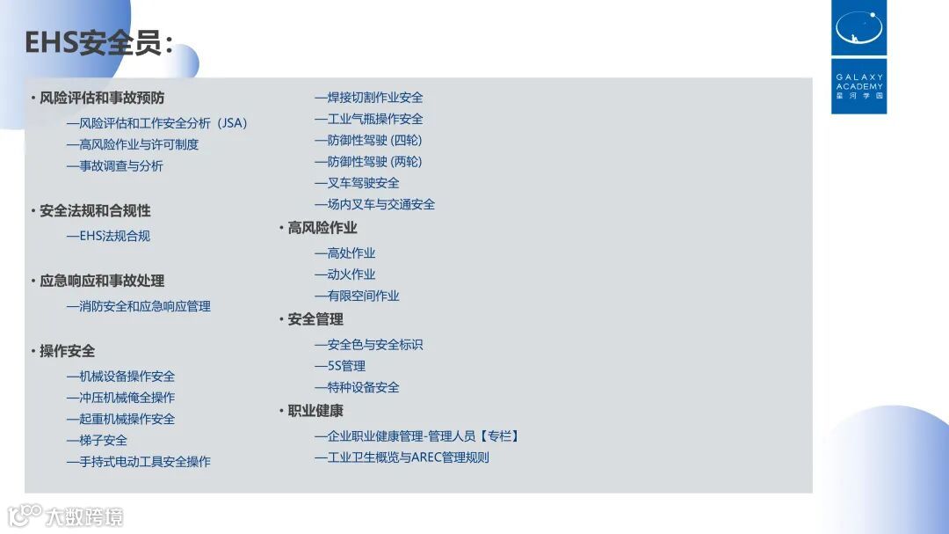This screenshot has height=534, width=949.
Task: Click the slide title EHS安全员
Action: point(98,42)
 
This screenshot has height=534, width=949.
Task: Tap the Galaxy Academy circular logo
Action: point(858,28)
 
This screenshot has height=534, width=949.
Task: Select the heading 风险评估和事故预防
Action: point(102,98)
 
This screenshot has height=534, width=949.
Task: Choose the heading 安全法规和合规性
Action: point(95,211)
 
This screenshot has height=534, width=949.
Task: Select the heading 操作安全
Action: point(67,351)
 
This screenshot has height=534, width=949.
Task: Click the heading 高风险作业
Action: point(322,228)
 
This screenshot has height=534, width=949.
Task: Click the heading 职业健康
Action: point(315,411)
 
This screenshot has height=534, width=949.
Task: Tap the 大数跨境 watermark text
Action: point(85,516)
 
